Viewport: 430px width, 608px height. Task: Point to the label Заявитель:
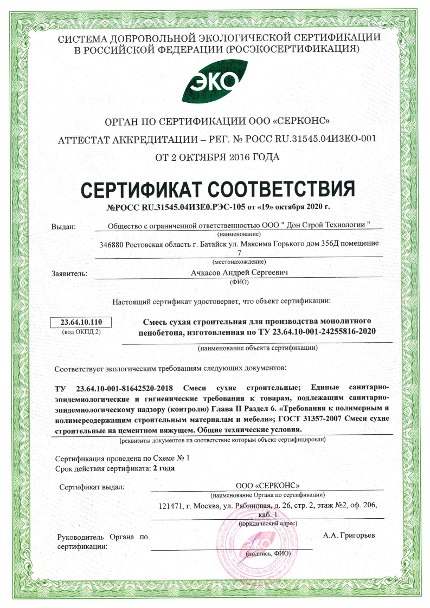69,274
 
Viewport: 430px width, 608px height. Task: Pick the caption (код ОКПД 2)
80,331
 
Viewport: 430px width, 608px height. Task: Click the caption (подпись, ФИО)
268,554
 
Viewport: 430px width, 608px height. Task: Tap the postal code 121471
170,505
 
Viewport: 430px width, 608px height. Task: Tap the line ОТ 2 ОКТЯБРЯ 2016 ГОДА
217,158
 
